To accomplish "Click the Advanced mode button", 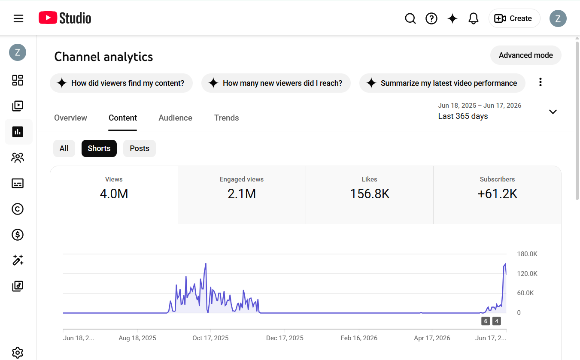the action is pos(525,55).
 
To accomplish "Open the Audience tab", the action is pos(175,118).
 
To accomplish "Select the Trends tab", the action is pos(226,118).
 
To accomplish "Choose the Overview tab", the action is pos(70,118).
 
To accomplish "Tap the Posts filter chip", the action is pos(139,148).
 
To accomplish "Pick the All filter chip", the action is pos(64,148).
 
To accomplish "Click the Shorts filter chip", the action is pos(99,148).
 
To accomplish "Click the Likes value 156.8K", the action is pos(370,194).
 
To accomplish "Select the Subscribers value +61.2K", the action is pos(498,194).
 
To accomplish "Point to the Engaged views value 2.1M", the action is pos(242,194).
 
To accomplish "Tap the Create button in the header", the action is pos(514,18).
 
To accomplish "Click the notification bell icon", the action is pos(474,18).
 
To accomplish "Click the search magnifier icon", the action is pos(410,18).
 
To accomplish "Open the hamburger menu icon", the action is pos(18,18).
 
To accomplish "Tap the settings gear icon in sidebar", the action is pos(18,353).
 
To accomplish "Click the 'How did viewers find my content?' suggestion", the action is pos(121,83).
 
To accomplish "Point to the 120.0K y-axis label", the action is pos(527,274).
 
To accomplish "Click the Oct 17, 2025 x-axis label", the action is pos(210,338).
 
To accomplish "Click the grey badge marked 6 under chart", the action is pos(486,321).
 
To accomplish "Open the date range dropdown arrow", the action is pos(553,112).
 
